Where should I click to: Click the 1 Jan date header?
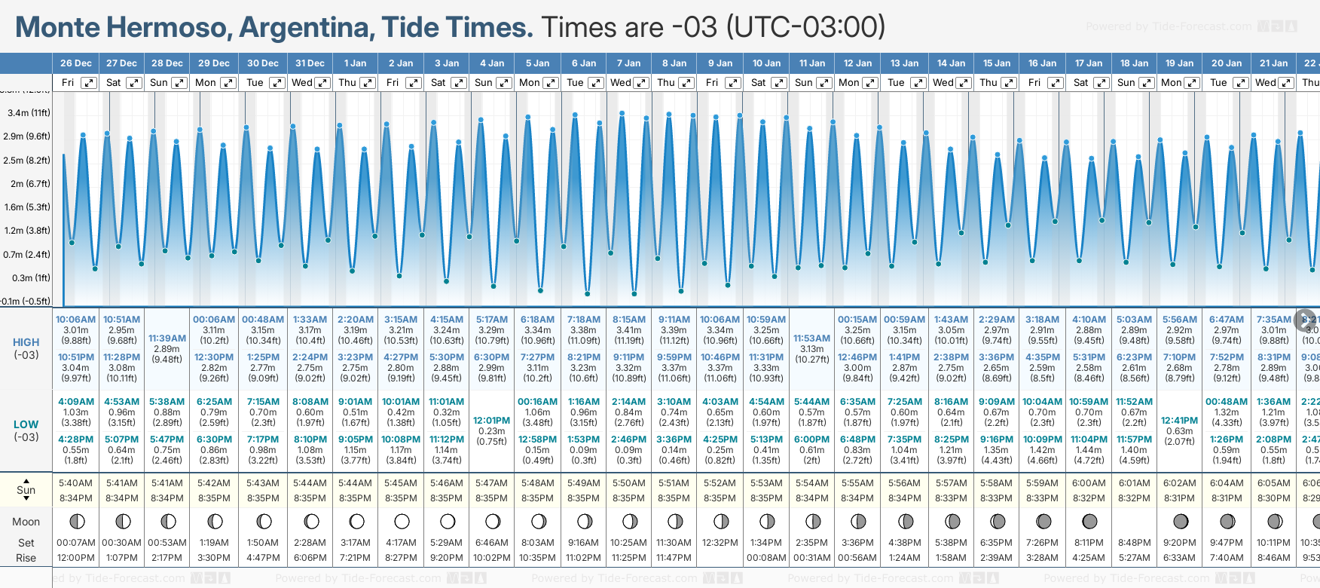[x=355, y=63]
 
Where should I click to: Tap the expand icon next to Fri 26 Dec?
[x=89, y=83]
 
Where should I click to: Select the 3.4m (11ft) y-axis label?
[x=29, y=113]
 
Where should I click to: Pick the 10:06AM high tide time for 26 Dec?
[x=76, y=320]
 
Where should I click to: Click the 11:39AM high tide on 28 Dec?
[x=167, y=338]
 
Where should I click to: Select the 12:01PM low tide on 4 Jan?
[x=492, y=421]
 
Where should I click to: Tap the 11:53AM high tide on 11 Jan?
[x=812, y=338]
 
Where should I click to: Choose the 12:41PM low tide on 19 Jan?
[x=1180, y=421]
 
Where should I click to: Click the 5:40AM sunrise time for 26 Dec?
[x=76, y=483]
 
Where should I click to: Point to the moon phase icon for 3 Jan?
[x=448, y=522]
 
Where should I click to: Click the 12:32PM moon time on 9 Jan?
[x=720, y=543]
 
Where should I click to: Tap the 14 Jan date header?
[x=952, y=63]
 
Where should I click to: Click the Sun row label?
[x=26, y=490]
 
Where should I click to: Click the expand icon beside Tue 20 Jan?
[x=1240, y=83]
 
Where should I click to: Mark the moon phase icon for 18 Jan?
[x=1135, y=522]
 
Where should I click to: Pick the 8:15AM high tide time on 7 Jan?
[x=629, y=320]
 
